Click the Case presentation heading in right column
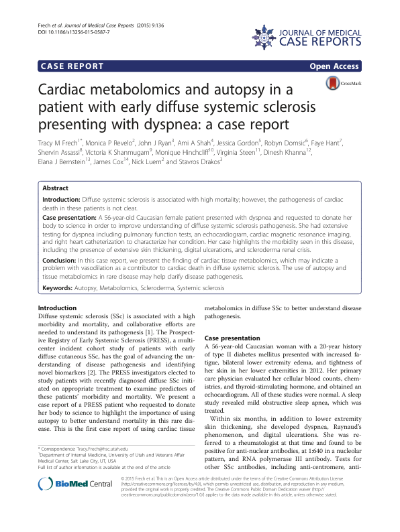click(x=233, y=338)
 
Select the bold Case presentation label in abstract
click(x=74, y=218)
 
